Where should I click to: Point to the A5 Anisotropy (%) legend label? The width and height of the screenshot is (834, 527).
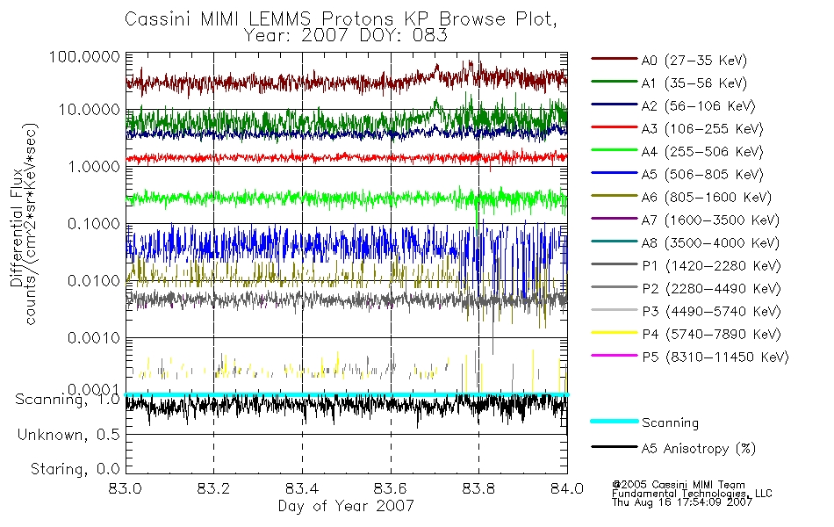698,449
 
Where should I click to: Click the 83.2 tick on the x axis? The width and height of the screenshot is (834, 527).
214,490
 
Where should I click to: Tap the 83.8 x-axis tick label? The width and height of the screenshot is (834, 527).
478,490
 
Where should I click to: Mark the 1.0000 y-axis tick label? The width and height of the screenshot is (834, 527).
91,167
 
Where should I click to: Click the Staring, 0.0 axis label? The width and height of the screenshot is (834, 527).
75,468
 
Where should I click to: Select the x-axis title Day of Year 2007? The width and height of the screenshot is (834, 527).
346,507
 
